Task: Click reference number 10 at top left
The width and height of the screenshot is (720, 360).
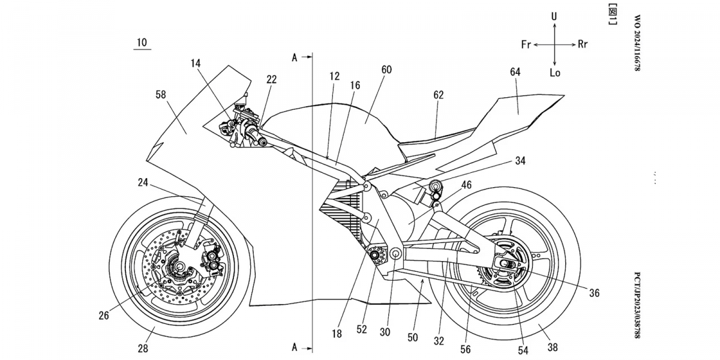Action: click(x=142, y=43)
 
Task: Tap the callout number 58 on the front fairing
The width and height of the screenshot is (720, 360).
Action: click(x=160, y=94)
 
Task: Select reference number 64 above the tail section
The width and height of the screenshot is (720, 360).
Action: click(x=515, y=72)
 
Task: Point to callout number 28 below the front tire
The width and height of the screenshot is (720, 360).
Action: click(x=143, y=347)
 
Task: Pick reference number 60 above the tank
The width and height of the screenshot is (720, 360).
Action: click(x=386, y=70)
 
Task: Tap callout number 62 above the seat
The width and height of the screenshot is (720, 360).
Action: click(x=439, y=94)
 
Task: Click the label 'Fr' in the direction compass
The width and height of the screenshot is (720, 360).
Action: click(x=526, y=45)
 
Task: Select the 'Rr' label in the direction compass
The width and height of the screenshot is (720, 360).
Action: click(x=583, y=45)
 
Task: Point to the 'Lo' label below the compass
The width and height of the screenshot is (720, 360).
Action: click(x=554, y=73)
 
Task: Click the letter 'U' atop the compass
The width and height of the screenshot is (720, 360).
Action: click(x=554, y=17)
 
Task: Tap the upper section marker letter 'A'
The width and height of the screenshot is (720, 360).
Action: click(x=295, y=58)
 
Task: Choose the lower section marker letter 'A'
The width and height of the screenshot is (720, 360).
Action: click(x=295, y=347)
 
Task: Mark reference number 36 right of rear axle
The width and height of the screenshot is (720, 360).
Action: click(x=594, y=293)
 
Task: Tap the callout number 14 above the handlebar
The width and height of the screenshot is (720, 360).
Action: click(x=196, y=62)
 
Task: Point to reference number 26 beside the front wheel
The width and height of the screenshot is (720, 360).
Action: click(x=104, y=314)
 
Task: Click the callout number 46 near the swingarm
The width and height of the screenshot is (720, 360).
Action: click(x=466, y=185)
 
